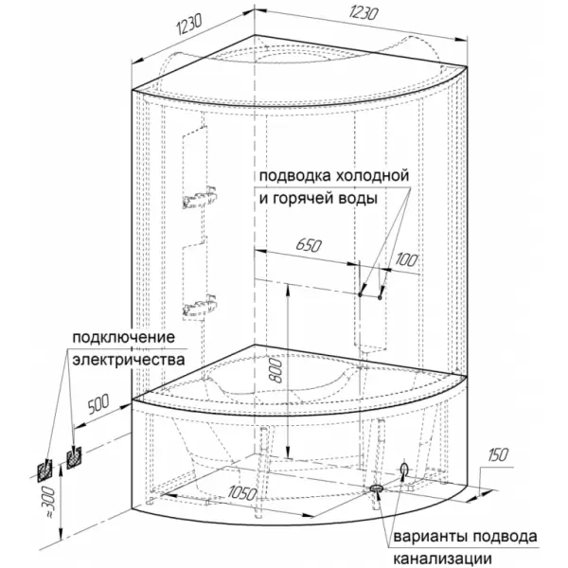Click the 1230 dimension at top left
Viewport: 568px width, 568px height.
pos(189,26)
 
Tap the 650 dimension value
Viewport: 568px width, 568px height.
pos(309,245)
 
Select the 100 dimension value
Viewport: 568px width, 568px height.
pos(406,259)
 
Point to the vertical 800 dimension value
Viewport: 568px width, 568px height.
pos(276,370)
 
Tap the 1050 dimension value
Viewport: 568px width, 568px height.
pos(242,493)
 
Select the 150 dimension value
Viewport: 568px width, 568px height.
pos(498,455)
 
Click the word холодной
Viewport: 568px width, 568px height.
pos(372,176)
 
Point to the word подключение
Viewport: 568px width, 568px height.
pos(123,338)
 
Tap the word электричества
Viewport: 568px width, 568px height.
pos(129,360)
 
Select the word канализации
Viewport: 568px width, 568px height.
pos(443,559)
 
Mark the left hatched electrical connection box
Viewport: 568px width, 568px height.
pos(44,470)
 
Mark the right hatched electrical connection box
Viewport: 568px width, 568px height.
pos(74,457)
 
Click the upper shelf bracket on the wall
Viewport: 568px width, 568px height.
pos(200,197)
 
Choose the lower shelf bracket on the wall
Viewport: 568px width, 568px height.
pos(200,307)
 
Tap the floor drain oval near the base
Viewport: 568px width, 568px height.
pos(377,488)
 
